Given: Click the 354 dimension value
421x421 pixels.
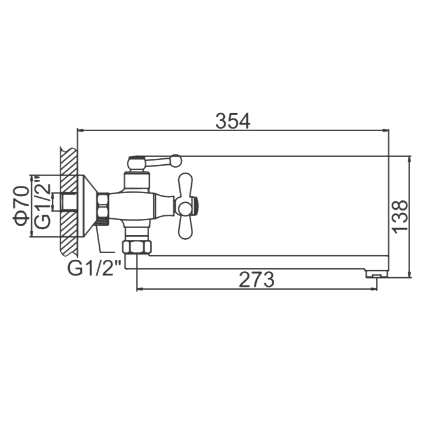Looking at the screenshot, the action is tap(233, 121).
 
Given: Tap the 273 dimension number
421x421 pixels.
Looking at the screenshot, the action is tap(256, 280).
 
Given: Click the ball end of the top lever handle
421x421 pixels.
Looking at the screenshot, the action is tap(176, 161).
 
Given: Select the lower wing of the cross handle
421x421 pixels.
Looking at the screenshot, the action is tap(186, 226).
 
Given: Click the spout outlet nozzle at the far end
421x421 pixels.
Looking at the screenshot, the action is tap(376, 274).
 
